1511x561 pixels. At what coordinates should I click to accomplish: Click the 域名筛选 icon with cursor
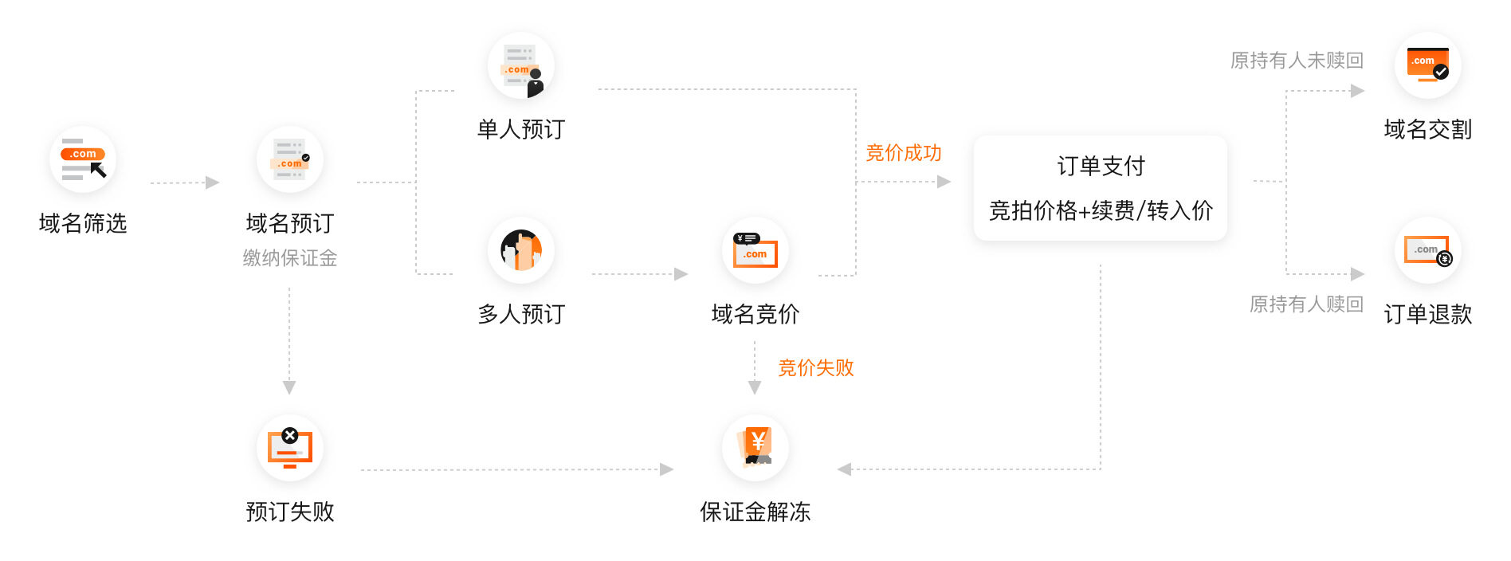pos(83,159)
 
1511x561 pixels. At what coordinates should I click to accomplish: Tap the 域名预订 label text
pos(290,223)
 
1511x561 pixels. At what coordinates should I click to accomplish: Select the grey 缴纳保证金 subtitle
pos(290,258)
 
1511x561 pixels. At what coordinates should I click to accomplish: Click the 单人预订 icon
pos(521,66)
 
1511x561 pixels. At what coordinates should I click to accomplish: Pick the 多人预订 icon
pos(521,250)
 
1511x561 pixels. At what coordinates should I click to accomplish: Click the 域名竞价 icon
pos(755,250)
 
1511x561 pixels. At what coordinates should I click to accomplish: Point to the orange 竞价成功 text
pos(904,153)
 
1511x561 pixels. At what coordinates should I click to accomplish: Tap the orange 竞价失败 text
pos(816,367)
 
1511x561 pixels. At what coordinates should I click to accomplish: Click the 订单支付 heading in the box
pos(1101,166)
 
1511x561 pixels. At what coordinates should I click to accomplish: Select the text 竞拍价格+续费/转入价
pos(1101,210)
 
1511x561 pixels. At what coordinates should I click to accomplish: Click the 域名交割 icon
pos(1427,66)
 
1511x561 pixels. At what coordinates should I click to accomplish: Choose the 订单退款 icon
pos(1427,250)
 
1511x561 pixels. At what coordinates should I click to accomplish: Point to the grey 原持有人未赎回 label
pos(1297,61)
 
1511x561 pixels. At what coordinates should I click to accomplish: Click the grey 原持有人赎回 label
pos(1306,304)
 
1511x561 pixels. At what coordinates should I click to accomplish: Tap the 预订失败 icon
pos(290,448)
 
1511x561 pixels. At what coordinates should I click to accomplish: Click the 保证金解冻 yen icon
pos(755,448)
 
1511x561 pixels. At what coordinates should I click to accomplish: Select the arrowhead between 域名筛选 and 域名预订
pos(212,182)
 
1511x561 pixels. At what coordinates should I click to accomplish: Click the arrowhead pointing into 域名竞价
pos(681,274)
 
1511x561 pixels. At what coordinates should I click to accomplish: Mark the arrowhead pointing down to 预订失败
pos(289,387)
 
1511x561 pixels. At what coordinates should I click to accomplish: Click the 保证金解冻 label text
pos(755,512)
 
